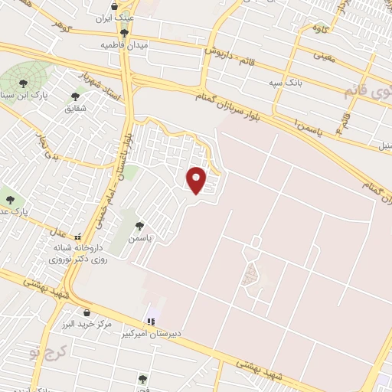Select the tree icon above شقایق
click(x=75, y=96)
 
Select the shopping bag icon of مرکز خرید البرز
click(x=87, y=312)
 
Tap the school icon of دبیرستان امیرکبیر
click(x=151, y=321)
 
